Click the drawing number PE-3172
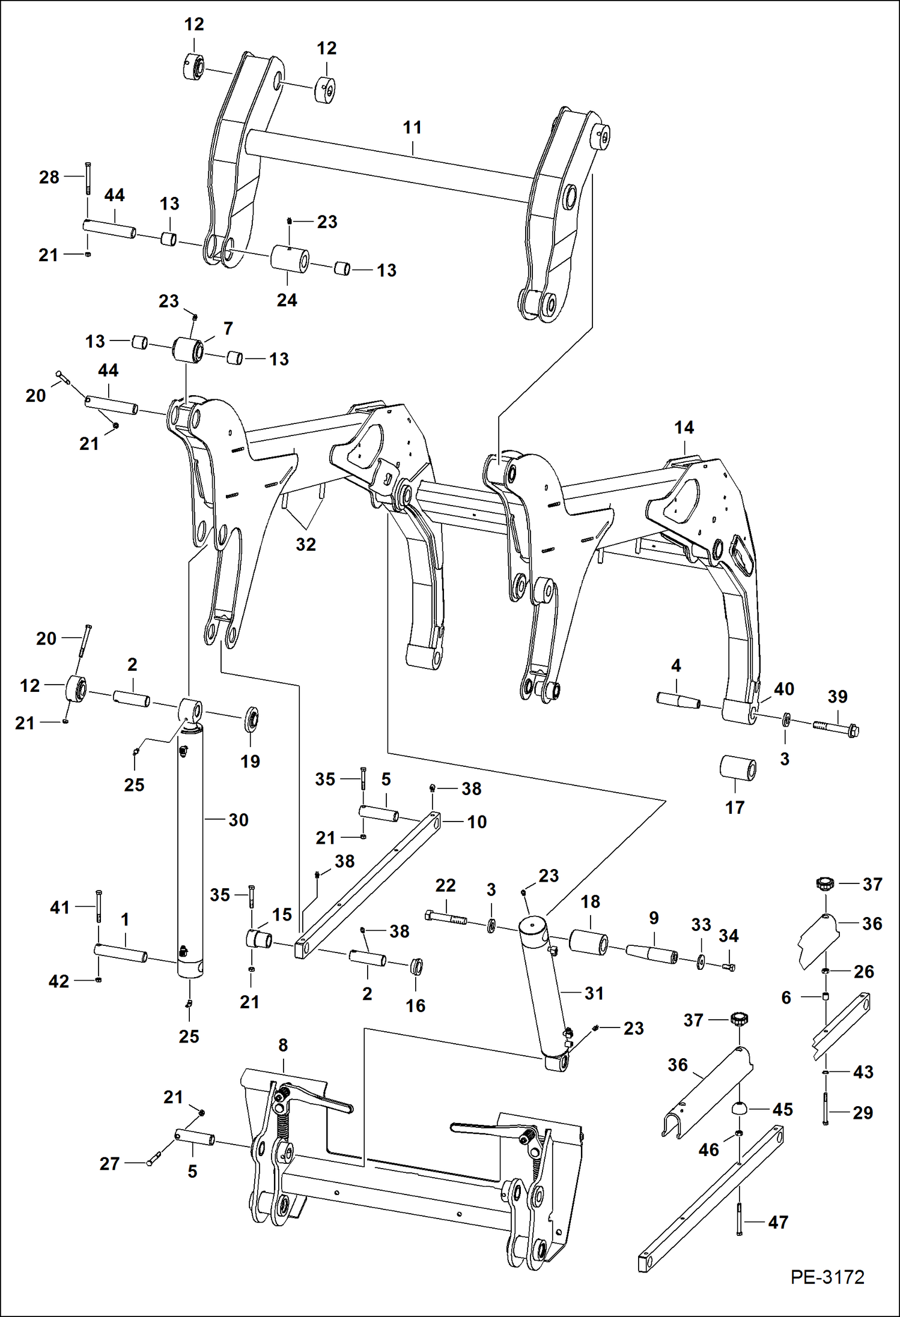827,1277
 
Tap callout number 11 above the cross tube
412,128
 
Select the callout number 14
684,428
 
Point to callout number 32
306,544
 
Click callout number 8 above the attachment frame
283,1046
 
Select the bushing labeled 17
738,769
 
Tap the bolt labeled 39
836,728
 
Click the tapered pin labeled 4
678,700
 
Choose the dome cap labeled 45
740,1108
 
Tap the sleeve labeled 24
290,259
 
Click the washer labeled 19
251,719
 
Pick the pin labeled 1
121,953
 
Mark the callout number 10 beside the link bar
476,822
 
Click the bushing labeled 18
589,942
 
